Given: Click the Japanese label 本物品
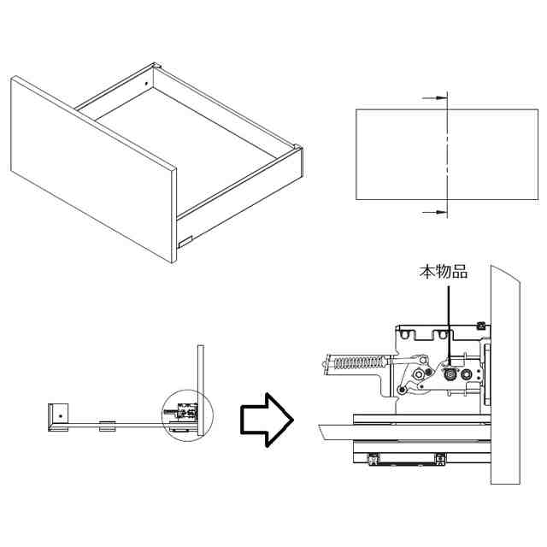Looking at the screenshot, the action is pos(443,273).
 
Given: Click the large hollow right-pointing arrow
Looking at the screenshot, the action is pos(266,418).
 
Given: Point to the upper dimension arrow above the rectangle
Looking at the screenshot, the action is pos(436,99).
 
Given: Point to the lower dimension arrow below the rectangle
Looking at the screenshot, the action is pos(436,210).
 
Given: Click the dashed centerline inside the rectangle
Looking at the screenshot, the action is pos(447,154).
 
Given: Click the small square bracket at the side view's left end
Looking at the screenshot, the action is pos(58,416).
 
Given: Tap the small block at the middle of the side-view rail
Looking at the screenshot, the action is pos(109,425).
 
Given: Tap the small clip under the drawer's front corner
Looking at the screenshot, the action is pos(184,240).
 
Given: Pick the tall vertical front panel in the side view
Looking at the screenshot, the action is pos(201,389).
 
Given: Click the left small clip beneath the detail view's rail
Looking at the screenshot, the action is pos(373,460).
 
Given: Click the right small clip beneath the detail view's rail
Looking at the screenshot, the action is pos(441,460).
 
